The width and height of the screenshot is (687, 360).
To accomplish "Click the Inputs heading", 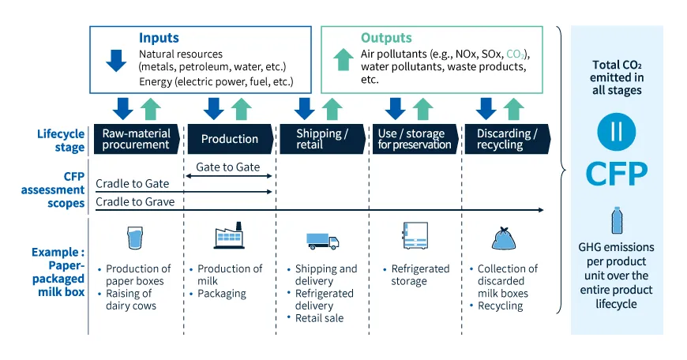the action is click(x=159, y=38).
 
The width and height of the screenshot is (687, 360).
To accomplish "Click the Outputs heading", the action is click(x=386, y=38).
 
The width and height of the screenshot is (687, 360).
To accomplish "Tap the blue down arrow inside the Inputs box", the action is click(x=116, y=61).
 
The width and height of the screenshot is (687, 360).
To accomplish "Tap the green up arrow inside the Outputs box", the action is click(x=343, y=59).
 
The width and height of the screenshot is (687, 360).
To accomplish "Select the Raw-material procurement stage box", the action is click(x=137, y=139).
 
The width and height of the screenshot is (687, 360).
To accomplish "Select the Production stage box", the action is click(x=230, y=139).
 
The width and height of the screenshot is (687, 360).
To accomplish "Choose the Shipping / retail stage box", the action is click(x=322, y=139).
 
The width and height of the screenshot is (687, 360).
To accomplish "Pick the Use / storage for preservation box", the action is click(x=415, y=139).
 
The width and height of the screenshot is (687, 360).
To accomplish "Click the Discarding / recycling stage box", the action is click(x=508, y=139).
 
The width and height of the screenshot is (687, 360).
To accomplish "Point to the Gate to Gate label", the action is click(x=228, y=167).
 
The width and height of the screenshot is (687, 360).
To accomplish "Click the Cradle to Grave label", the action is click(x=135, y=202).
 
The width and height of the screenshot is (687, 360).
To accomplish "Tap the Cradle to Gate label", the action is click(x=133, y=184).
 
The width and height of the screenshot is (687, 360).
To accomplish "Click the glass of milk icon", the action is click(x=135, y=238).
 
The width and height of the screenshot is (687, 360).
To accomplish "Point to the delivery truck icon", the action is click(x=322, y=242).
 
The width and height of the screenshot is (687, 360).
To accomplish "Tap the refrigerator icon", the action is click(x=415, y=235).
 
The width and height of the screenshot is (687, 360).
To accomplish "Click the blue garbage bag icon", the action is click(x=504, y=238).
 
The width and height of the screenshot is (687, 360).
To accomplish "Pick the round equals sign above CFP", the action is click(x=617, y=132).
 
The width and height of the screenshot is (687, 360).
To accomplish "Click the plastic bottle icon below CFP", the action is click(x=617, y=220).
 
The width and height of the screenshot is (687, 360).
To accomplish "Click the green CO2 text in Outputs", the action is click(x=515, y=54).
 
